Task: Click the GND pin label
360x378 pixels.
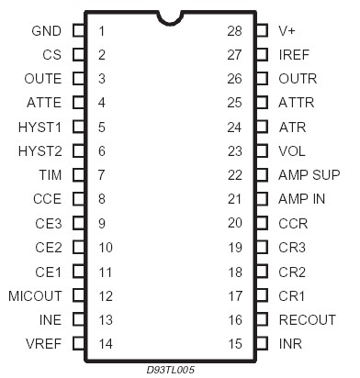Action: tap(46, 30)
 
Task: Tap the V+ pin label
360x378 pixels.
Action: tap(287, 30)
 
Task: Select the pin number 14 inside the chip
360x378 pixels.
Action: tap(105, 344)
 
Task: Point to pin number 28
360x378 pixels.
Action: tap(234, 30)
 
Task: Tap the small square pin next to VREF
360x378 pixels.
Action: tap(78, 344)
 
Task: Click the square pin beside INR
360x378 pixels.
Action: tap(262, 344)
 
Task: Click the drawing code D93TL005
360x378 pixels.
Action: tap(169, 370)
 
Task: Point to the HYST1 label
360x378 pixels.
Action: tap(39, 127)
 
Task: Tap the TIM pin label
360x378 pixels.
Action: tap(50, 174)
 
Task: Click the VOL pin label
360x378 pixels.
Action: tap(293, 150)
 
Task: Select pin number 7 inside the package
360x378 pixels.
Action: tap(102, 174)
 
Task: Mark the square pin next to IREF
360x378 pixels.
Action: tap(262, 54)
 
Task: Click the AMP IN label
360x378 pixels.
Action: tap(302, 199)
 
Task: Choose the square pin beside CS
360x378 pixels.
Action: tap(78, 54)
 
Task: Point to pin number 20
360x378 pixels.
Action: tap(234, 223)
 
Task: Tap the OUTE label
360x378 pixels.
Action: tap(44, 79)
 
